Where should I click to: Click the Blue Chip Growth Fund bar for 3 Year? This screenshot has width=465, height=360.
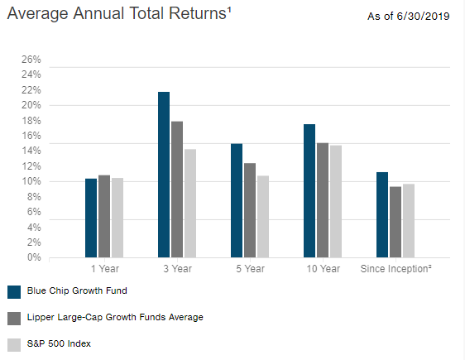164,175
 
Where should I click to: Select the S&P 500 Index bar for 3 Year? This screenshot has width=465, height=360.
190,204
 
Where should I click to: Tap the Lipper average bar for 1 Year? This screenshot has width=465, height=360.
104,216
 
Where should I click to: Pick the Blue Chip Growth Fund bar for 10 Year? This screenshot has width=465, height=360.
309,190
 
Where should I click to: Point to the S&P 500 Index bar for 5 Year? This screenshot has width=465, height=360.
263,216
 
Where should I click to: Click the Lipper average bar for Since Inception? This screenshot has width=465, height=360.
395,222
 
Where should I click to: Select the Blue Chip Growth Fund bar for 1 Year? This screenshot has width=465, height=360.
91,218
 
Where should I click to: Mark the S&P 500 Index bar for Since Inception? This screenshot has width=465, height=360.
409,220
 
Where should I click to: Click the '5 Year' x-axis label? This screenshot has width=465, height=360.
250,269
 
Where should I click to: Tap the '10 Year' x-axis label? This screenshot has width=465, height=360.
323,269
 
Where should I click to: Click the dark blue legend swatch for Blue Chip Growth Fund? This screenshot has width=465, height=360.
13,291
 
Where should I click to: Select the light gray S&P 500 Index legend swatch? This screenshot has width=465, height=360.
13,344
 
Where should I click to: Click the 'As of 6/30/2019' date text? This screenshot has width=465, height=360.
410,17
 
